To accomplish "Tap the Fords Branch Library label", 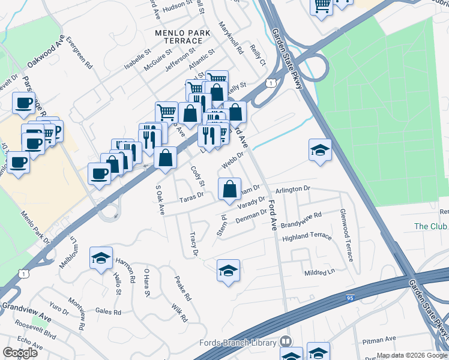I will coord(239,343).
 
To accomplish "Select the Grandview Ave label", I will coord(25,314).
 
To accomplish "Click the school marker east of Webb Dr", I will coord(321,151).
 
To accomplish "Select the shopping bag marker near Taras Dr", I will coord(229,190).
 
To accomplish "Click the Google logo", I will coord(20,353).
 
